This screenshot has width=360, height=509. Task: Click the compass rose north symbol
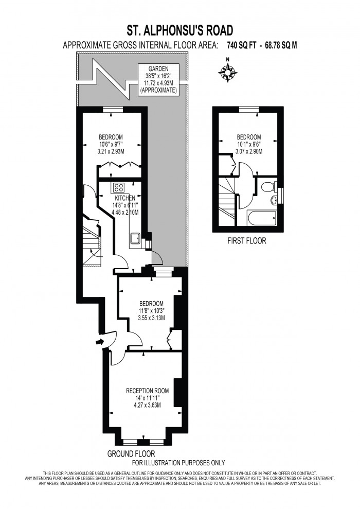(x=227, y=73)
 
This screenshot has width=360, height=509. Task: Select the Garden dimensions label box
(x=158, y=80)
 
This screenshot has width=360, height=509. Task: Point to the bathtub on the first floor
(x=263, y=216)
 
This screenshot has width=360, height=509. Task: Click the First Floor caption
(x=247, y=241)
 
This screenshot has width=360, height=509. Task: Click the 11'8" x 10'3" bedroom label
(x=151, y=310)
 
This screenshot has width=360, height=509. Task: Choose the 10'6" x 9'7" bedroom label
(x=111, y=144)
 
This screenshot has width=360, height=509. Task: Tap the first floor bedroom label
(x=249, y=144)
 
